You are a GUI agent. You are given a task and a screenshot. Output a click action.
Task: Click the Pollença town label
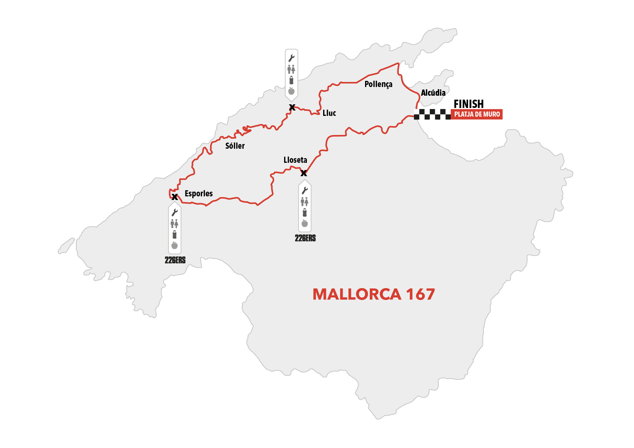378,84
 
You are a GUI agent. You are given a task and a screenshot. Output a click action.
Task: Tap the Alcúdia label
433,93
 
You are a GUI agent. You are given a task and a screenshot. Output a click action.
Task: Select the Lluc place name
329,113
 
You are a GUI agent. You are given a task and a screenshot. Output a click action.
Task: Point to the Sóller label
235,146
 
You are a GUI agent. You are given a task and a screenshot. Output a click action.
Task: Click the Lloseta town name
295,160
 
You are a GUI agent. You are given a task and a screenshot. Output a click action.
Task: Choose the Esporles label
198,193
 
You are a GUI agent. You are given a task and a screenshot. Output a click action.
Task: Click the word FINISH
468,104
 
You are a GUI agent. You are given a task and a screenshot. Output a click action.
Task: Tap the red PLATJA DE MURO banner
477,114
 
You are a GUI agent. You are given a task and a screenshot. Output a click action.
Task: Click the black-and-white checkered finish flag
432,114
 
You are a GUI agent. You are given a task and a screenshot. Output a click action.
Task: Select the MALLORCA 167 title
373,294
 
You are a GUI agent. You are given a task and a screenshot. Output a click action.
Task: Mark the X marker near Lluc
292,107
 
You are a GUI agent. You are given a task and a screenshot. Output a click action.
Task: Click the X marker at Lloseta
304,173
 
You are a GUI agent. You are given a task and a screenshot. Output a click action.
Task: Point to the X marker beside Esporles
175,197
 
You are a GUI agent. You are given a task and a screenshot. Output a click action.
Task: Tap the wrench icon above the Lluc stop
291,58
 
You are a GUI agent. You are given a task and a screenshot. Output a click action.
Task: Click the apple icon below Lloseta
305,223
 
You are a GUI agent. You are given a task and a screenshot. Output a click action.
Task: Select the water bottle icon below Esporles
175,235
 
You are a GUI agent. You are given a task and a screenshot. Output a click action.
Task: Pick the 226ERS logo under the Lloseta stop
305,238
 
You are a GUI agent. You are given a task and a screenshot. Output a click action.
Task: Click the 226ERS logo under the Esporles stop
175,260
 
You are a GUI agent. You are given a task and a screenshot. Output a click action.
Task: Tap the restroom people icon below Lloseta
305,201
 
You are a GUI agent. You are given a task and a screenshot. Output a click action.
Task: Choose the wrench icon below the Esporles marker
175,212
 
